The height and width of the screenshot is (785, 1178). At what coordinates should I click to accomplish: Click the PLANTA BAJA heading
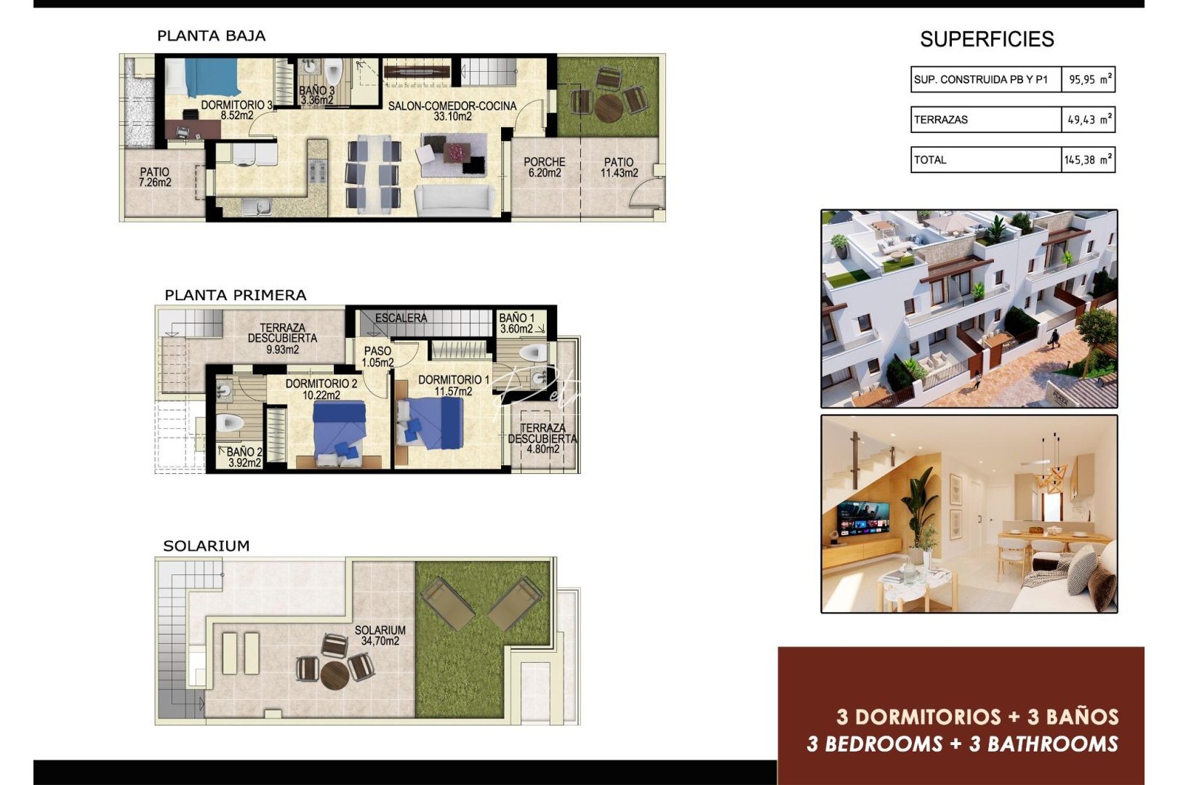point(211,36)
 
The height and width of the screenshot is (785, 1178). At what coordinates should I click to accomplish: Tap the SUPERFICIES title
point(986,39)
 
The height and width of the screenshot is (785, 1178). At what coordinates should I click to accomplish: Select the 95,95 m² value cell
point(1089,79)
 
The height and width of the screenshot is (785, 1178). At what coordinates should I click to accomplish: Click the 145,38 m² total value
point(1087,160)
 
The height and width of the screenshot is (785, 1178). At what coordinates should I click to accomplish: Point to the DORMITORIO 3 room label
point(236,110)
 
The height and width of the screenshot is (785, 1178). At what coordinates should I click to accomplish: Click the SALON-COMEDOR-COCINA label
point(452,110)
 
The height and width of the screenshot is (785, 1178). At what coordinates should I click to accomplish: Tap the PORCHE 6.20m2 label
point(544,167)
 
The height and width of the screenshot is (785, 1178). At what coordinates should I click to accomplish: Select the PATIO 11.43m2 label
point(619,167)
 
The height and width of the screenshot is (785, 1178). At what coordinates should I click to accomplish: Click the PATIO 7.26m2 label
point(154,177)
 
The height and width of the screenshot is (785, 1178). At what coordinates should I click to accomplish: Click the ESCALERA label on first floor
point(401,318)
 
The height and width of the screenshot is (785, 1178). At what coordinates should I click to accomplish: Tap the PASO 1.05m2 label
point(377,356)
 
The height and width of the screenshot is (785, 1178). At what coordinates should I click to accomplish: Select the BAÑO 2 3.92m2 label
point(244,457)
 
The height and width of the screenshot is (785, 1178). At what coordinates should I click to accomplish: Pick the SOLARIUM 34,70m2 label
point(380,635)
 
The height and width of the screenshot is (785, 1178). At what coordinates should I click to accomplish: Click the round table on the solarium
point(335,674)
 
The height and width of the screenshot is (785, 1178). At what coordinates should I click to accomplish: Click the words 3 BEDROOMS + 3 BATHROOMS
point(962,744)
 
